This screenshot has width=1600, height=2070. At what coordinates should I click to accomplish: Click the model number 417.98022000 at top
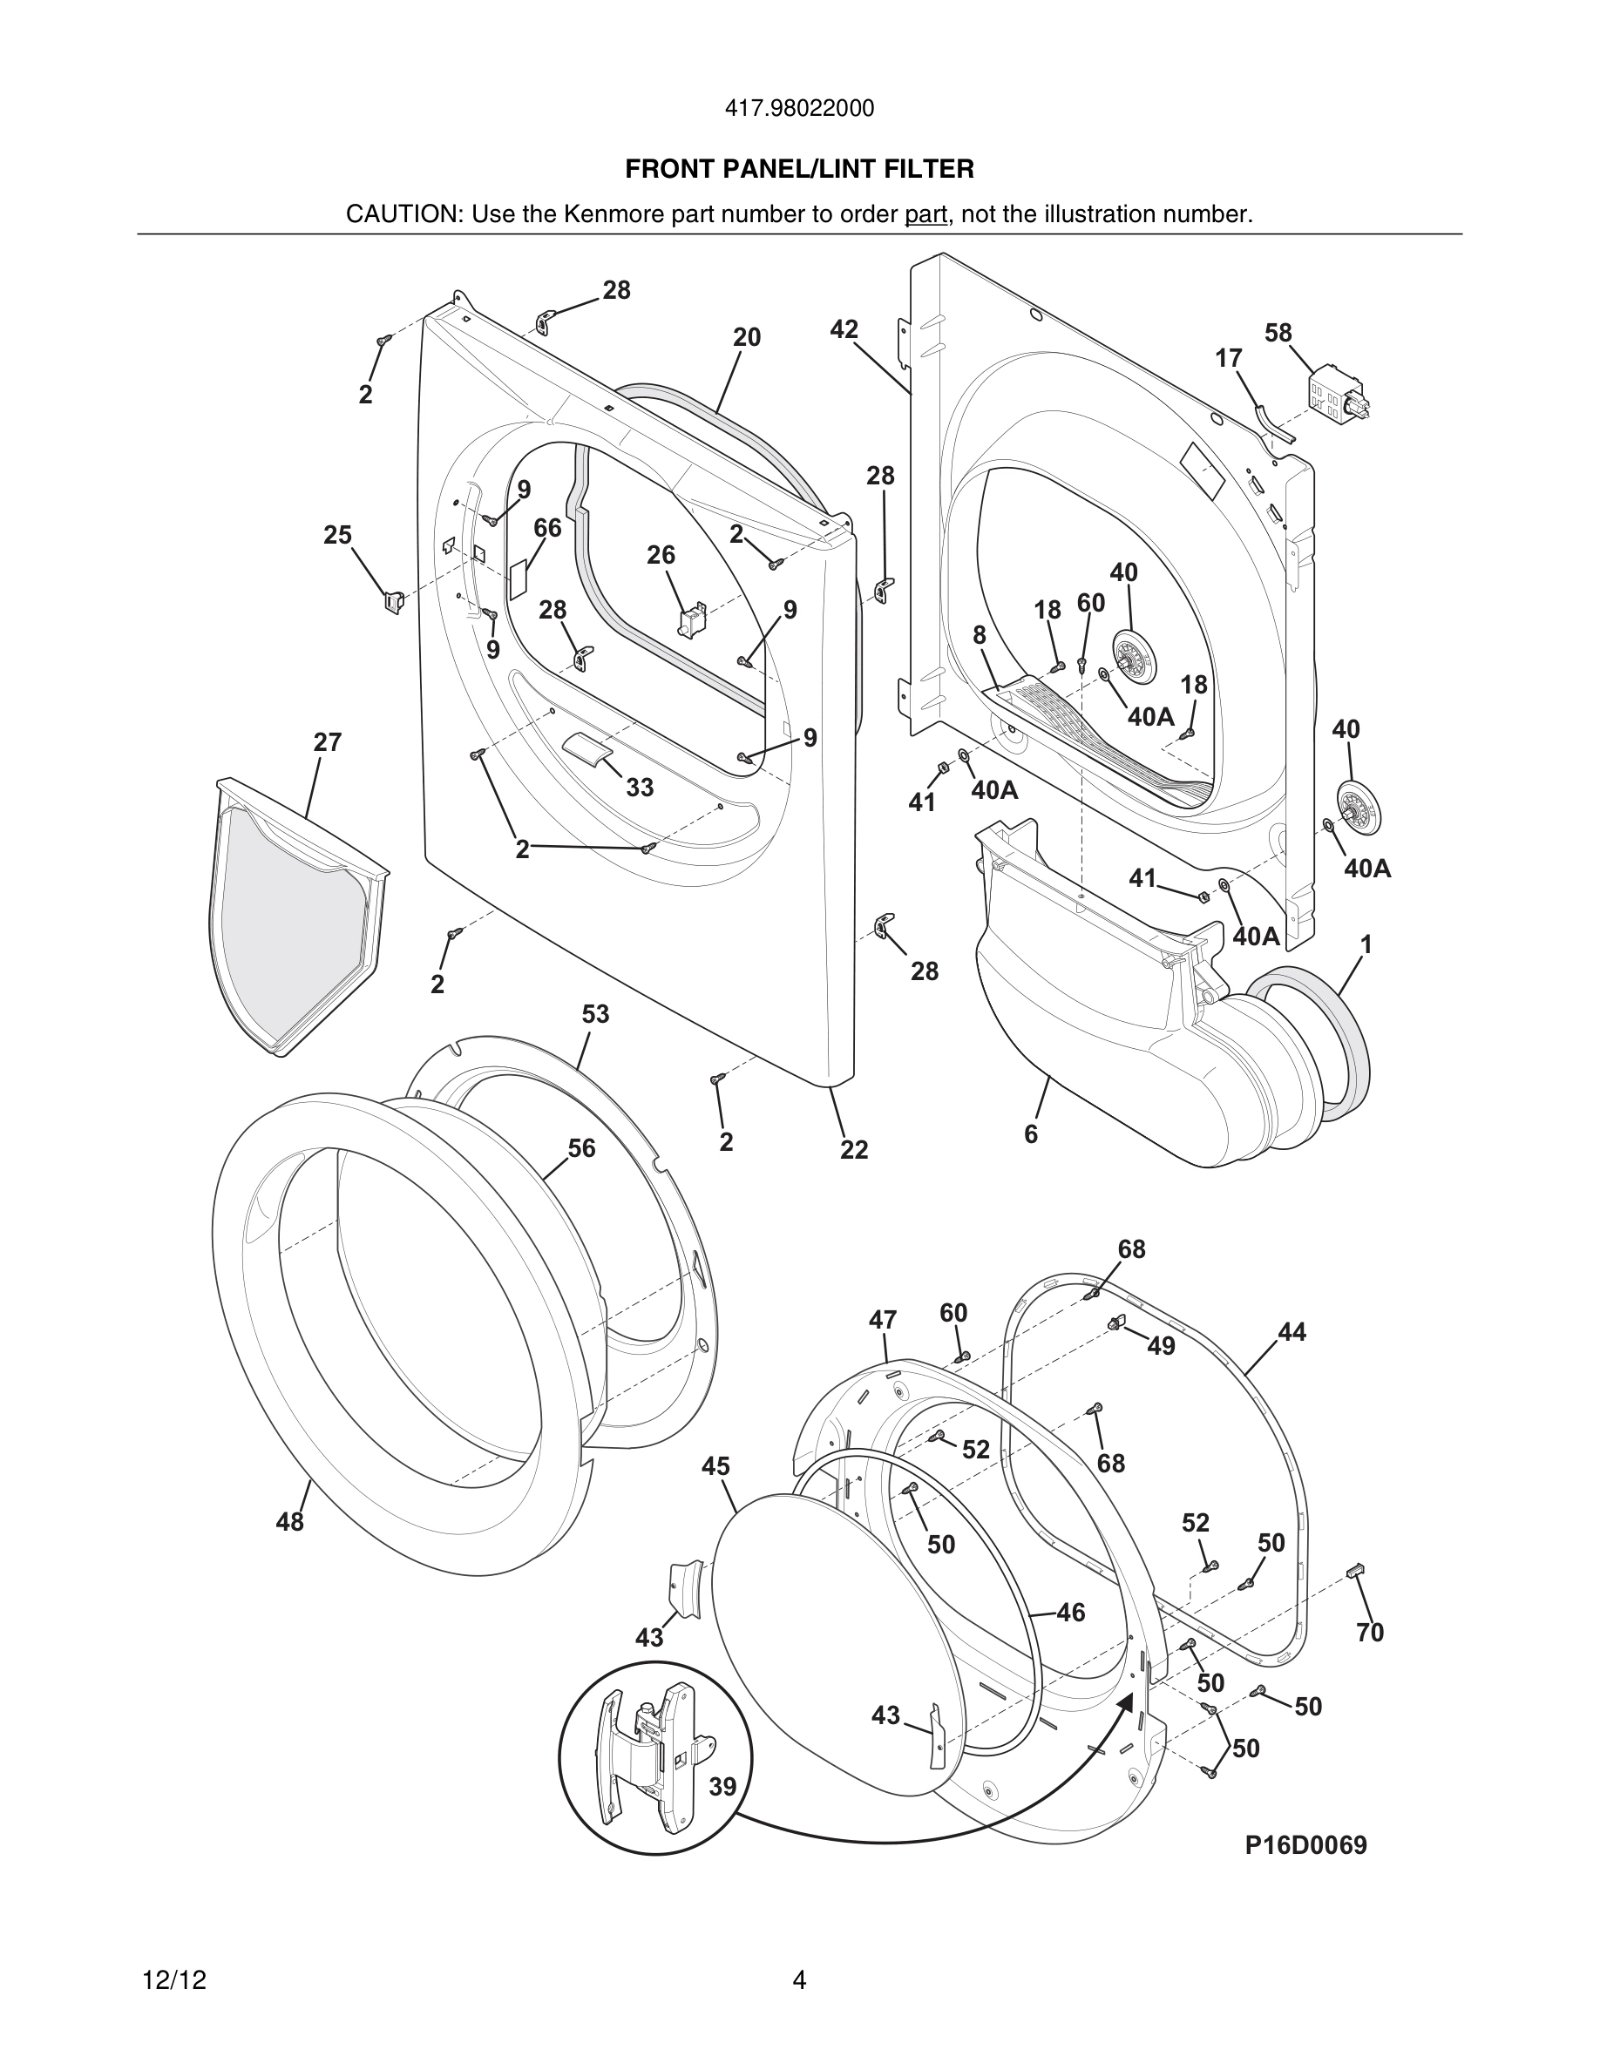[x=799, y=109]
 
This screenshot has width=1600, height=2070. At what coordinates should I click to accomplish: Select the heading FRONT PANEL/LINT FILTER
[x=799, y=170]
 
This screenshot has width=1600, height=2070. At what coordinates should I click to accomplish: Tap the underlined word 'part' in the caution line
[x=925, y=214]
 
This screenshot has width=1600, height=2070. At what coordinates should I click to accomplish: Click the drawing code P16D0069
[x=1305, y=1845]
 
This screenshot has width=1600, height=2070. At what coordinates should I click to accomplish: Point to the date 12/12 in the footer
[x=173, y=1980]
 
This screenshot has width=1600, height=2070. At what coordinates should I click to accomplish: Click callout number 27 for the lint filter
[x=327, y=742]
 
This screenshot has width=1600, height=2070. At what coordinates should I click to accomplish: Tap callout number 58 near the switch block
[x=1278, y=333]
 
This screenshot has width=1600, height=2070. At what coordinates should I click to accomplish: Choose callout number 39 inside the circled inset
[x=722, y=1787]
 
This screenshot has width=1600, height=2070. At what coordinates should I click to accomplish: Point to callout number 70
[x=1370, y=1632]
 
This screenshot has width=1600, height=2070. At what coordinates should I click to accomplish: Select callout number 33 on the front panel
[x=639, y=788]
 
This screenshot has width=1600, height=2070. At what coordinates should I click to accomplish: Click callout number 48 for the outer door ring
[x=290, y=1522]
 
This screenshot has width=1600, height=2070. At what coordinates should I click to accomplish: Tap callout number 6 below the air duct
[x=1030, y=1133]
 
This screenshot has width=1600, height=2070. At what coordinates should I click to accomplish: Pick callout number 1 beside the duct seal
[x=1366, y=944]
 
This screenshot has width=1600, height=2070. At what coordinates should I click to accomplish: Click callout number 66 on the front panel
[x=547, y=528]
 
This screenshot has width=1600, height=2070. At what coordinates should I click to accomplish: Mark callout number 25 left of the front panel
[x=337, y=536]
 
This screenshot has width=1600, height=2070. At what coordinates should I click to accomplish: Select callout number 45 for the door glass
[x=715, y=1467]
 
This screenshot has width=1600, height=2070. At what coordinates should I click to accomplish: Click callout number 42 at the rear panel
[x=844, y=329]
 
